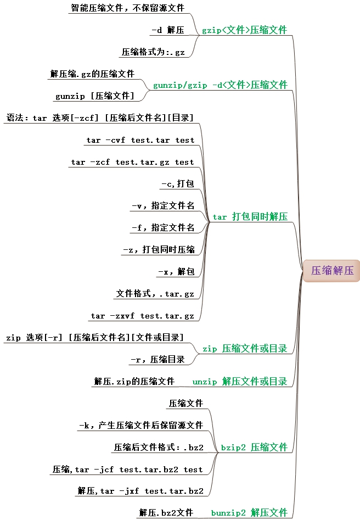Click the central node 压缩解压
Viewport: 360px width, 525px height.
click(x=333, y=271)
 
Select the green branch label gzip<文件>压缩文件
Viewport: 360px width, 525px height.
click(x=244, y=30)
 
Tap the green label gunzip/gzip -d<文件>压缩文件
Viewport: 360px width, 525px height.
click(x=220, y=85)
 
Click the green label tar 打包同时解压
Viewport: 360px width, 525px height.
click(x=250, y=217)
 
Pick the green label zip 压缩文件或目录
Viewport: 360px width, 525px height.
click(x=245, y=349)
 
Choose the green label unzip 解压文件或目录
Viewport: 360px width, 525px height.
click(x=240, y=382)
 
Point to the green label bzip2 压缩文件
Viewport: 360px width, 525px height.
click(x=254, y=448)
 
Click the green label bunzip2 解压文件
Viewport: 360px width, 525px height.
click(x=249, y=513)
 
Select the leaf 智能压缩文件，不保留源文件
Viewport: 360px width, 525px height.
click(x=127, y=8)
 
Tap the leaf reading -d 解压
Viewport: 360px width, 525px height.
click(x=167, y=31)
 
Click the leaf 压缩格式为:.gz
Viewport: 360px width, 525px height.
click(x=153, y=53)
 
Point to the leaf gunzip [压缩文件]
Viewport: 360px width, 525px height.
click(x=94, y=96)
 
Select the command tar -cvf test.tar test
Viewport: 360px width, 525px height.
click(x=140, y=140)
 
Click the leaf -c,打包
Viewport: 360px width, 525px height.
click(x=177, y=184)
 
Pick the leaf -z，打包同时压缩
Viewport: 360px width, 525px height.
click(x=159, y=250)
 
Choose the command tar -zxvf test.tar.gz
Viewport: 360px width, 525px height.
click(x=143, y=316)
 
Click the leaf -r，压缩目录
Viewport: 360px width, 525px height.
click(x=157, y=360)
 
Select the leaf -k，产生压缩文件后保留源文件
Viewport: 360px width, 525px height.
click(x=141, y=426)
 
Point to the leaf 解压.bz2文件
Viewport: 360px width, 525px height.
click(x=166, y=513)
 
